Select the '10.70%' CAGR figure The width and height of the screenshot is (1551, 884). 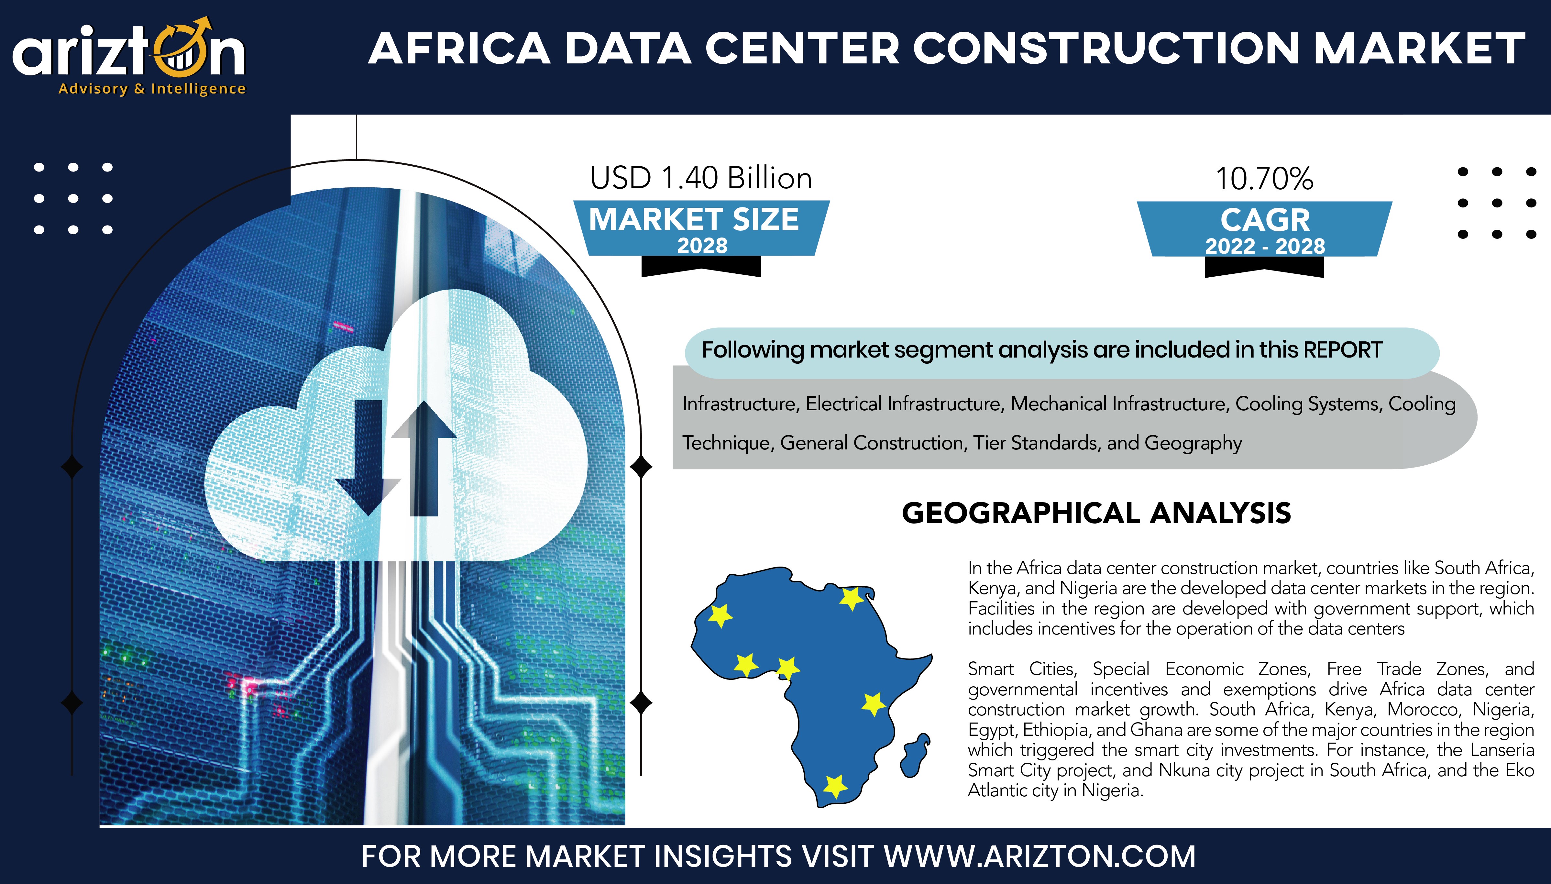[x=1264, y=179]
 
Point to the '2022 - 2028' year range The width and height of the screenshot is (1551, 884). [x=1265, y=246]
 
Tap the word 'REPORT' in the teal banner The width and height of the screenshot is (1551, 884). [x=1343, y=350]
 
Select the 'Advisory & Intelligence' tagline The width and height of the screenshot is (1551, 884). [x=152, y=89]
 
